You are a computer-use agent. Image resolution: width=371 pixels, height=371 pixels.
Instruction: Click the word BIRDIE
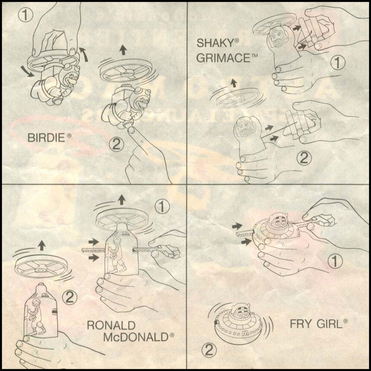coord(46,138)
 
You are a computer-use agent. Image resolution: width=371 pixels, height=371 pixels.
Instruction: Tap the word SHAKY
coord(215,43)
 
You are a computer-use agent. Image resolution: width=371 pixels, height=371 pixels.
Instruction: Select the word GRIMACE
coord(223,58)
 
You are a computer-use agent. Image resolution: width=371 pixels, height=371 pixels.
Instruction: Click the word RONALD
coord(111,325)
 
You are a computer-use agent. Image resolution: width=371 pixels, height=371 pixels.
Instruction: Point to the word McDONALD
coord(136,337)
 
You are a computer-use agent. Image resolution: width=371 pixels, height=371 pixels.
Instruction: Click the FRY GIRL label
coord(316,324)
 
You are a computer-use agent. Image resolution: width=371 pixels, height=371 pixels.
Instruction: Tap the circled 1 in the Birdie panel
coord(25,15)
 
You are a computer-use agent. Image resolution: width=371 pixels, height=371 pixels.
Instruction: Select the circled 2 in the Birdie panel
coord(116,144)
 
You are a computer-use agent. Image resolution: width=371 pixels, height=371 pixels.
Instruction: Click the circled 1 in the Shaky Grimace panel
coord(338,63)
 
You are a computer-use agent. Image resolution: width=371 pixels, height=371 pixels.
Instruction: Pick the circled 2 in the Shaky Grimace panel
coord(304,158)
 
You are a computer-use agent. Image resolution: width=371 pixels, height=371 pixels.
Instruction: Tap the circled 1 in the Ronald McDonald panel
coord(162,207)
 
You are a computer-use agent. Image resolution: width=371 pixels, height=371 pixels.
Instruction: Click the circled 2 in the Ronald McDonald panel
coord(70,297)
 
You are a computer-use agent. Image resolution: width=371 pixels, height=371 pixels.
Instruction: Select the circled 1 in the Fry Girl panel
coord(335,261)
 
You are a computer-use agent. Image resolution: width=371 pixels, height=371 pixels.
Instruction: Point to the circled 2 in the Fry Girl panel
coord(209,350)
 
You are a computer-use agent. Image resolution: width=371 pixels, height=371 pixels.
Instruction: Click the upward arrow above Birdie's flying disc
coord(123,50)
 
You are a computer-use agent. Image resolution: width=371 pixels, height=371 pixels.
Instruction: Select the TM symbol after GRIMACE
coord(254,56)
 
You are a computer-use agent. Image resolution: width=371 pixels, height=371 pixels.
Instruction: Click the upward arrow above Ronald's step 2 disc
coord(42,245)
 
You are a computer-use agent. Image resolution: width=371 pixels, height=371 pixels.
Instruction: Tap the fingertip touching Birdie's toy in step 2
coord(131,130)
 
